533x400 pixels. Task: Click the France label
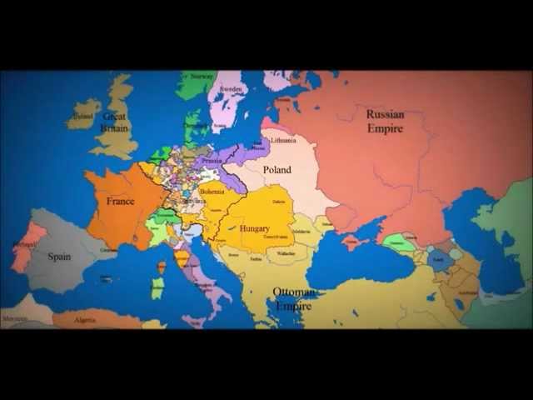coord(121,202)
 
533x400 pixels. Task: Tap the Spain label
coord(59,257)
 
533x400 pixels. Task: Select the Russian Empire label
coord(385,122)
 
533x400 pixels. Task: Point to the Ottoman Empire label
coord(293,299)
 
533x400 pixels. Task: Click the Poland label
coord(277,170)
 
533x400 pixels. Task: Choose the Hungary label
coord(254,228)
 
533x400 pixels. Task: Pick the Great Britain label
coord(114,122)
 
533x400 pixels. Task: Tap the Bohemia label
coord(212,192)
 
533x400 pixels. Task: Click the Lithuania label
coord(283,140)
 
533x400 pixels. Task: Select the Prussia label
coord(212,161)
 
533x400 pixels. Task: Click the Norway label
coord(202,76)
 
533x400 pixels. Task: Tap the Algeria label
coord(86,320)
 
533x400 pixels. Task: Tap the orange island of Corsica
coord(161,267)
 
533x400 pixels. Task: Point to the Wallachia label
coord(285,252)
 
